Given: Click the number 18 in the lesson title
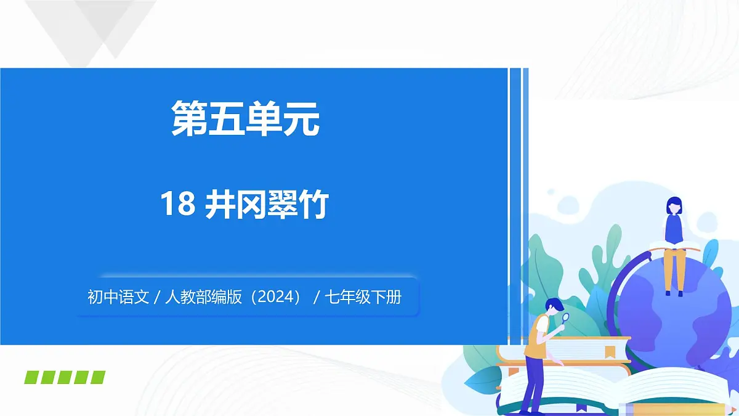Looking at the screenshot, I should point(177,205).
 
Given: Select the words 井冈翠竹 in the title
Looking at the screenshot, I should point(267,205).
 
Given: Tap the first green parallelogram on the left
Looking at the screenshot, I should point(32,377).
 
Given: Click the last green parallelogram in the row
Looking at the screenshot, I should point(98,377).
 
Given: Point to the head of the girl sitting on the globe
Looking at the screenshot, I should point(674,205).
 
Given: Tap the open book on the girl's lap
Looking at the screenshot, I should point(674,246).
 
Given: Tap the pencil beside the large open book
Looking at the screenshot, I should point(677,409).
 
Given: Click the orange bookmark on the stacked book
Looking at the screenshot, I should point(610,351).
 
